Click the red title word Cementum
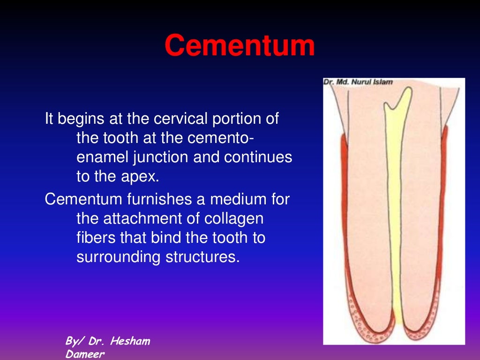coord(240,46)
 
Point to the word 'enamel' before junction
coord(102,157)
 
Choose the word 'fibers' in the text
coord(96,238)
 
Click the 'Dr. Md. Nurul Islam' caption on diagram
coord(358,82)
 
